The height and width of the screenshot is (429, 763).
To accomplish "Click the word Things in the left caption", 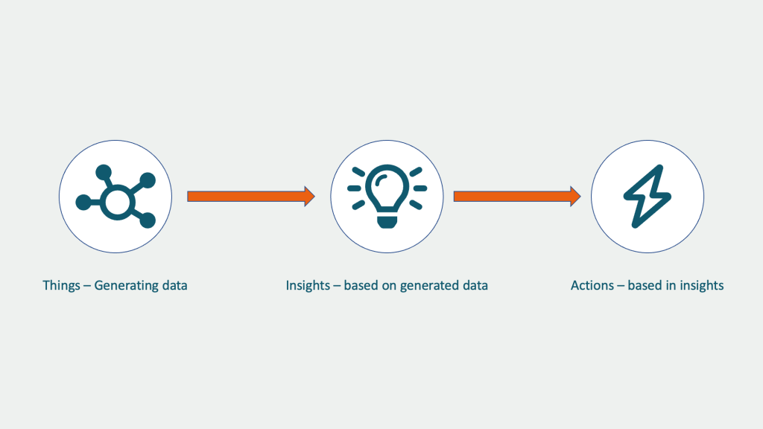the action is pyautogui.click(x=61, y=285).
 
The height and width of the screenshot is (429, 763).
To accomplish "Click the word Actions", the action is pyautogui.click(x=592, y=285).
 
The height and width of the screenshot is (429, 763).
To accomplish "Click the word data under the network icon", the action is pyautogui.click(x=174, y=285).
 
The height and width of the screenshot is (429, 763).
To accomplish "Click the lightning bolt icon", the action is pyautogui.click(x=648, y=197).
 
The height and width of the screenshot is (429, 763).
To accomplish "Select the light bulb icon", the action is pyautogui.click(x=387, y=196).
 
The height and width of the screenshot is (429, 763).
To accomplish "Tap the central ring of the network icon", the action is pyautogui.click(x=117, y=201).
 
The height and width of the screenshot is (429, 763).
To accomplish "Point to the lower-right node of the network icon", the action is pyautogui.click(x=148, y=220).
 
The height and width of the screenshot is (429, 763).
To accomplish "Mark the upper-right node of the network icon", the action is pyautogui.click(x=147, y=180).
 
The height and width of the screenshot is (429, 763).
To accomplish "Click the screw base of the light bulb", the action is pyautogui.click(x=387, y=222).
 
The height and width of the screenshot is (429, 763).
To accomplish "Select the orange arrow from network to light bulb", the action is pyautogui.click(x=251, y=197).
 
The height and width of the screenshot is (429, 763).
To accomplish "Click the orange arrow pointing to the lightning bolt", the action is pyautogui.click(x=517, y=197).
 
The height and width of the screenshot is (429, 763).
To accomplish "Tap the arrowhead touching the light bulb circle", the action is pyautogui.click(x=309, y=197).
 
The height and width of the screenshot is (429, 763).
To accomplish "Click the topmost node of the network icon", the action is pyautogui.click(x=104, y=173).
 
